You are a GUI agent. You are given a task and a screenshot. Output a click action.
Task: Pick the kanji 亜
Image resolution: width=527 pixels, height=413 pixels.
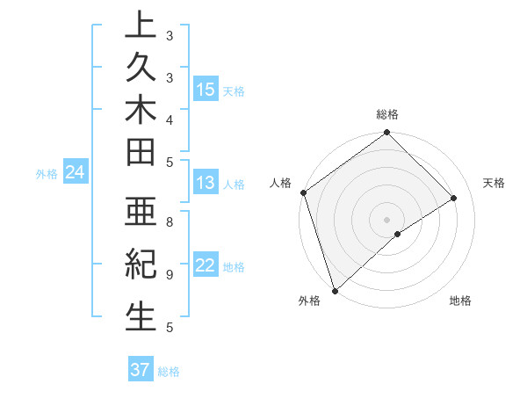pyautogui.click(x=140, y=213)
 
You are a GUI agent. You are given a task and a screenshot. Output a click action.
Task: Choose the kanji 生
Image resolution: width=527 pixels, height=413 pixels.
pyautogui.click(x=140, y=316)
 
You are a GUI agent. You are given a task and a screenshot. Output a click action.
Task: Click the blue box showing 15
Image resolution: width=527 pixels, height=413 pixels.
pyautogui.click(x=206, y=89)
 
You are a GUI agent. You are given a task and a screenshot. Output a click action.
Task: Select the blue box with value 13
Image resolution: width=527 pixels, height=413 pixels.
pyautogui.click(x=206, y=183)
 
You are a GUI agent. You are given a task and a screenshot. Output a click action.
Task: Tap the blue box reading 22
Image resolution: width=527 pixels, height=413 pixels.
pyautogui.click(x=206, y=266)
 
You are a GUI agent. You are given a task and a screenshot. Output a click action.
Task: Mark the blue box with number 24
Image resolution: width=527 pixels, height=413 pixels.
pyautogui.click(x=75, y=173)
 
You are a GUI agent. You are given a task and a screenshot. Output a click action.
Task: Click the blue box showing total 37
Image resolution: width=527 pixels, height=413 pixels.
pyautogui.click(x=141, y=370)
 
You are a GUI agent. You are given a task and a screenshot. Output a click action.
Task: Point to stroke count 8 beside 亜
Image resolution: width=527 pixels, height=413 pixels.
pyautogui.click(x=170, y=222)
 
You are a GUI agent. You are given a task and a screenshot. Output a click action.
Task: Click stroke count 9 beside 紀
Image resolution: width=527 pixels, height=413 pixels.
pyautogui.click(x=170, y=274)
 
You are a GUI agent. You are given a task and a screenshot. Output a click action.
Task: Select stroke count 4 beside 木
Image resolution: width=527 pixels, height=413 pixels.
pyautogui.click(x=170, y=119)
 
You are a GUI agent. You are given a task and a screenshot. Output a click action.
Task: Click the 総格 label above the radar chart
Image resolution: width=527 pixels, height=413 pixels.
pyautogui.click(x=387, y=114)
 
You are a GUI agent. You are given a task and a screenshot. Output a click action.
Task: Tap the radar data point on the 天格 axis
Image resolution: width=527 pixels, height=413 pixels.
pyautogui.click(x=454, y=198)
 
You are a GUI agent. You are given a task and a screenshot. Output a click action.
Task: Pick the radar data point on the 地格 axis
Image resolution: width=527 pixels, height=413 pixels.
pyautogui.click(x=398, y=234)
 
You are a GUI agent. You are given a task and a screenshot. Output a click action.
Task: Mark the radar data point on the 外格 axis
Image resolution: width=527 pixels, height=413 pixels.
pyautogui.click(x=335, y=290)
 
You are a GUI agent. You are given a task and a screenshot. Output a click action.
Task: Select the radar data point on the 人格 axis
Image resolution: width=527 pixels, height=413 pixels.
pyautogui.click(x=303, y=192)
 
